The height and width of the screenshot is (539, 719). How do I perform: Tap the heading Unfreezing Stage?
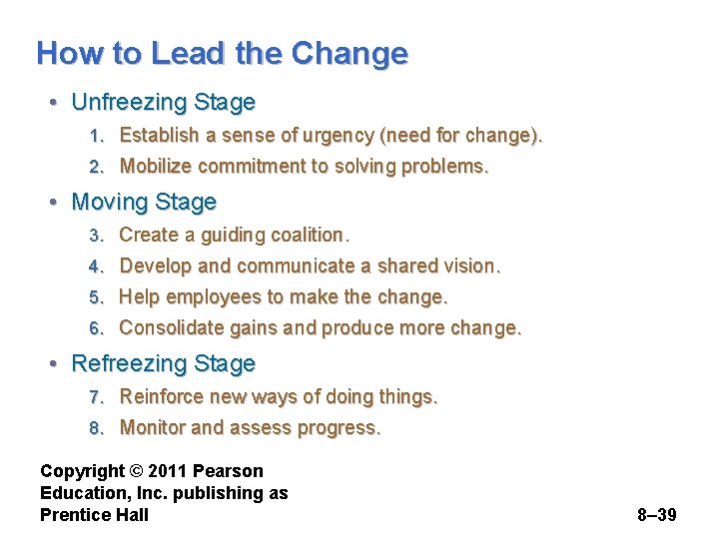pyautogui.click(x=163, y=102)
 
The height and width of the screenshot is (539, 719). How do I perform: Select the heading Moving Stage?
pyautogui.click(x=144, y=202)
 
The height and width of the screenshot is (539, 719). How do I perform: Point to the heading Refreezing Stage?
pyautogui.click(x=163, y=363)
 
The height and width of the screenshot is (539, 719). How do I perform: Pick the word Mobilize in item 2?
pyautogui.click(x=155, y=166)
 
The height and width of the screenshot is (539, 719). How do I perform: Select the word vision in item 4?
pyautogui.click(x=470, y=266)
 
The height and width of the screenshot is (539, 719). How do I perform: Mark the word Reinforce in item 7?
pyautogui.click(x=162, y=396)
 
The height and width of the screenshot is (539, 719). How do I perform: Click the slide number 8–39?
pyautogui.click(x=656, y=515)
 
